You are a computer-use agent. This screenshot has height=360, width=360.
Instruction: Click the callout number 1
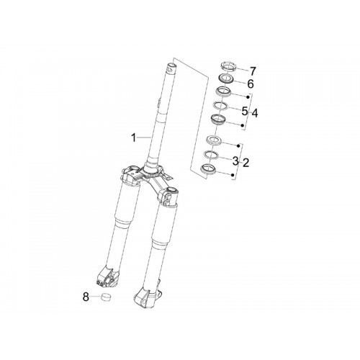[133, 138]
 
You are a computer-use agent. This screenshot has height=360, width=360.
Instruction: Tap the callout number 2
[246, 163]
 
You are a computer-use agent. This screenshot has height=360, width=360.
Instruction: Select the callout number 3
[235, 161]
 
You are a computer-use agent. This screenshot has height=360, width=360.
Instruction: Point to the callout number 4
[255, 113]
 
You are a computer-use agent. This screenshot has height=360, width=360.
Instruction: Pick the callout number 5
[245, 112]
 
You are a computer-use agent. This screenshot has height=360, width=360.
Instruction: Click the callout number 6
[251, 84]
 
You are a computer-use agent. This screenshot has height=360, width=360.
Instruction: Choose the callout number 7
[253, 71]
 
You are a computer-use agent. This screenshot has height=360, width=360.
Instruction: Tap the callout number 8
[86, 297]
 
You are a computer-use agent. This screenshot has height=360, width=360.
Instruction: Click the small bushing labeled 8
[104, 297]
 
